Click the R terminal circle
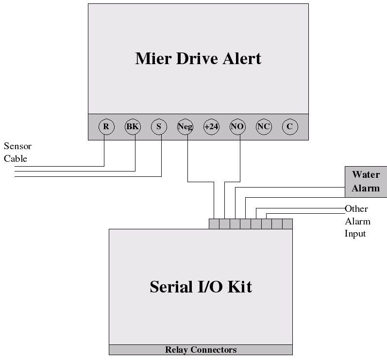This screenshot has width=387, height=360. pyautogui.click(x=106, y=127)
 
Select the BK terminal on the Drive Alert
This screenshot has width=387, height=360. pyautogui.click(x=133, y=127)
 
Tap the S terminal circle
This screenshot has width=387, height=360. pyautogui.click(x=159, y=127)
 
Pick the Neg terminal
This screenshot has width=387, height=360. pyautogui.click(x=185, y=127)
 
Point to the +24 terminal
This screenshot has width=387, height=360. pyautogui.click(x=211, y=127)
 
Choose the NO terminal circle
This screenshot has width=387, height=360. pyautogui.click(x=237, y=127)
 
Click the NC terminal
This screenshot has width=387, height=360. pyautogui.click(x=264, y=127)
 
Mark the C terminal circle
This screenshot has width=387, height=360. pyautogui.click(x=289, y=127)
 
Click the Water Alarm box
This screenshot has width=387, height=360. pyautogui.click(x=366, y=181)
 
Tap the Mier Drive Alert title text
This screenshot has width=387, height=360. pyautogui.click(x=198, y=58)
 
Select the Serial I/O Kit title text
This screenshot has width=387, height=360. pyautogui.click(x=201, y=286)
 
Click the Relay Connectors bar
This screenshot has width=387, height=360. pyautogui.click(x=201, y=350)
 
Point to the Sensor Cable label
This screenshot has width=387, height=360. pyautogui.click(x=17, y=152)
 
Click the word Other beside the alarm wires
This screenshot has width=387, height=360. pyautogui.click(x=356, y=209)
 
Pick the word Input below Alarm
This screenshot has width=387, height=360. pyautogui.click(x=355, y=234)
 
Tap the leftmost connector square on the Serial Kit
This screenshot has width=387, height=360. pyautogui.click(x=214, y=224)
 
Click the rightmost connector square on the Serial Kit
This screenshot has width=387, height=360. pyautogui.click(x=287, y=224)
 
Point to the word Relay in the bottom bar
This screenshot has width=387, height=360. pyautogui.click(x=176, y=350)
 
